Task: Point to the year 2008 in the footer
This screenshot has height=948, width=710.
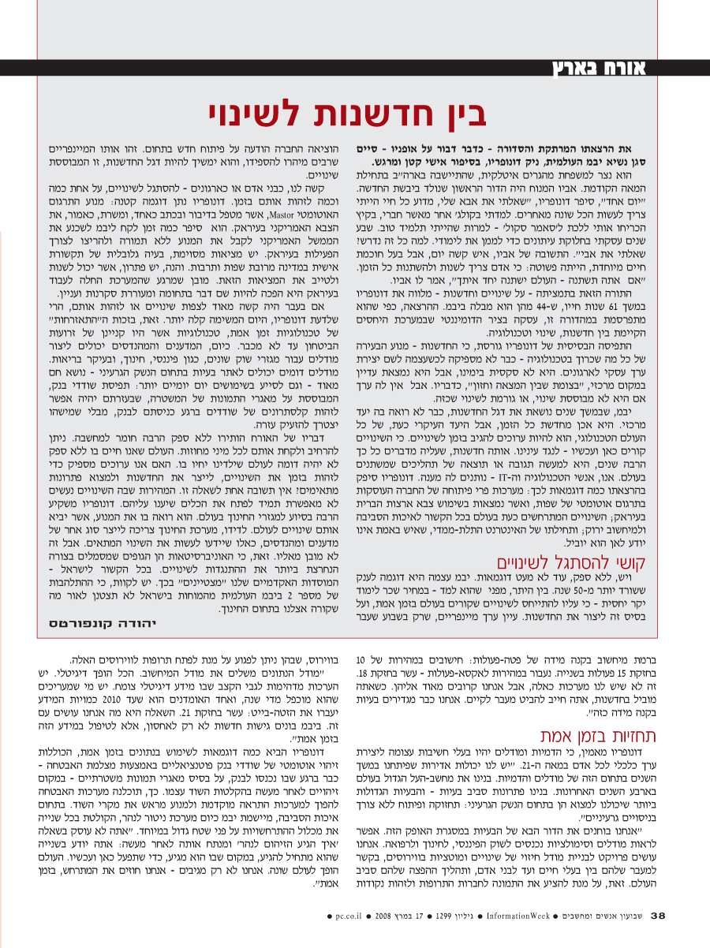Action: click(385, 938)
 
